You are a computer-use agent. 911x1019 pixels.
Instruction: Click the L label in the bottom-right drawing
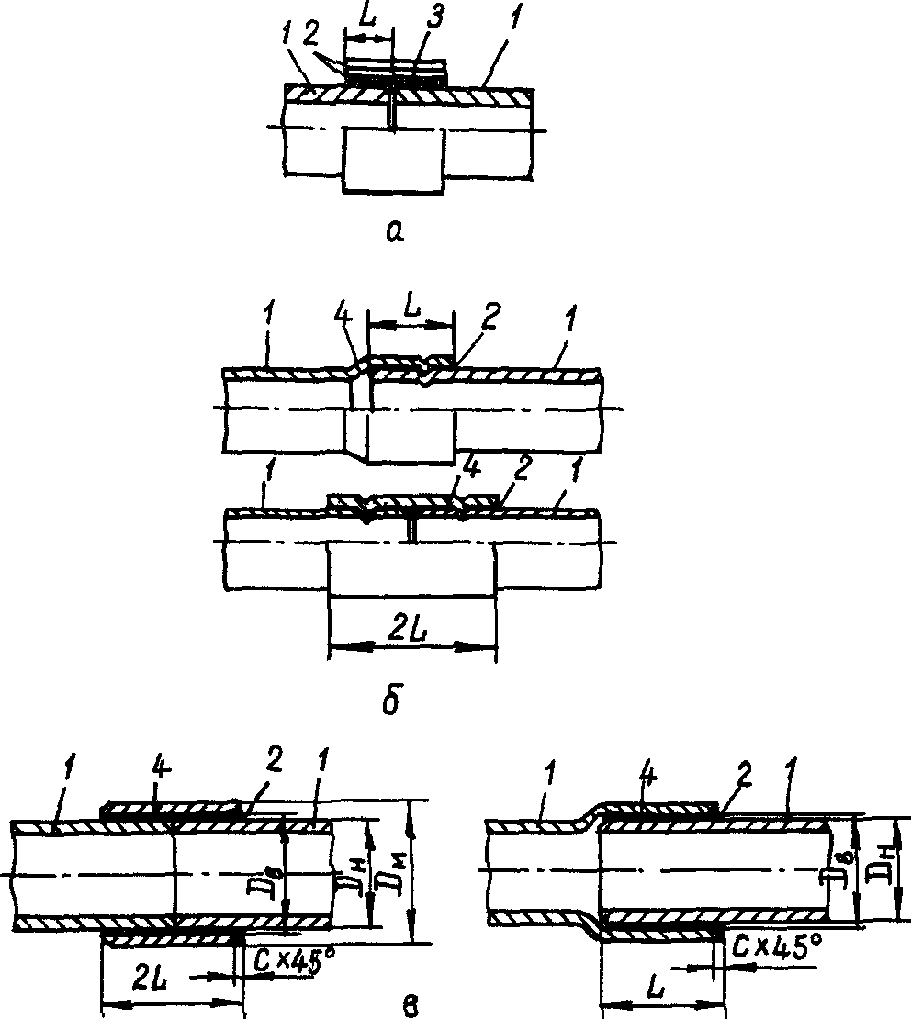[657, 986]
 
